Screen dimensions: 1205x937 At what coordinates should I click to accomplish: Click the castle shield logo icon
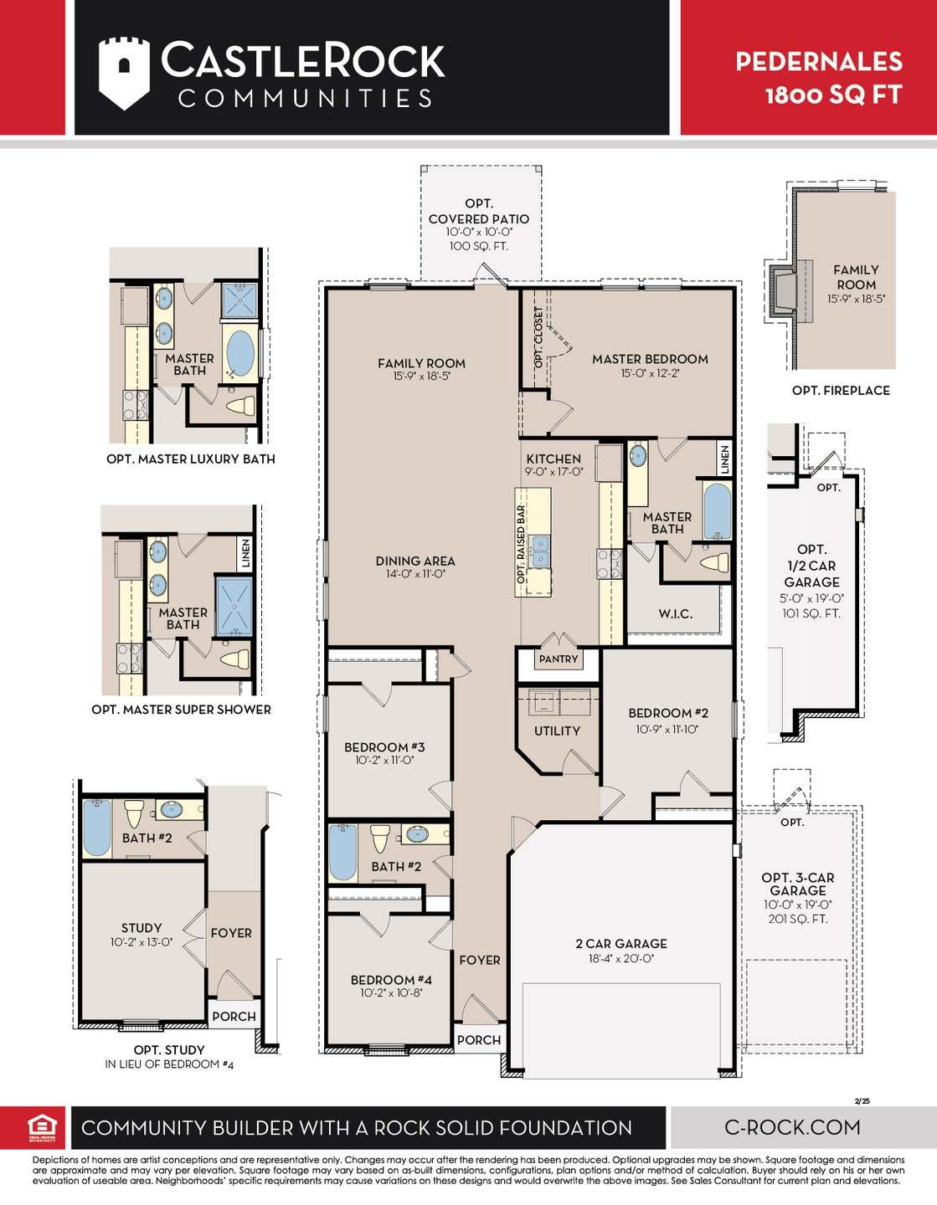click(124, 72)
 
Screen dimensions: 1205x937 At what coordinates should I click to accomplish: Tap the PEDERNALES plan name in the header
click(818, 61)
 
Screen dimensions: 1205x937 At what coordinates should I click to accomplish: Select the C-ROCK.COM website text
click(791, 1127)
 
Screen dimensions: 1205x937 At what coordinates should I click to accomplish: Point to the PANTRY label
click(559, 659)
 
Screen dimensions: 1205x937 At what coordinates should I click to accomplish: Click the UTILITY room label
click(557, 731)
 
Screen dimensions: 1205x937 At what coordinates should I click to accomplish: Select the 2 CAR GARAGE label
click(620, 943)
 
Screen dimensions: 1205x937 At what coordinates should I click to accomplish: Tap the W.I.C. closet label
click(675, 614)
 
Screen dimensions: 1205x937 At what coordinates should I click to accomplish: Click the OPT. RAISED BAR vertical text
click(521, 544)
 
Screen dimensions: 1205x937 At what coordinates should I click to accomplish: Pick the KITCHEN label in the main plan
click(553, 459)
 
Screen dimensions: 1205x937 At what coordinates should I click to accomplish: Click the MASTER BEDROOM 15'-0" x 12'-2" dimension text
click(650, 373)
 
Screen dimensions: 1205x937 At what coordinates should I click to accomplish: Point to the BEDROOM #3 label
click(384, 747)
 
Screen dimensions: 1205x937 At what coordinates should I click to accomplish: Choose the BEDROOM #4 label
click(391, 980)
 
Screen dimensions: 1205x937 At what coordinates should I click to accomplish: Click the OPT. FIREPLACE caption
click(841, 390)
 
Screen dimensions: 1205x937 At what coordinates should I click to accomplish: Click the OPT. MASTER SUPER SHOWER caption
click(181, 710)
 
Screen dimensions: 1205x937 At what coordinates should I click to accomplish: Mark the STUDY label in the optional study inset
click(142, 928)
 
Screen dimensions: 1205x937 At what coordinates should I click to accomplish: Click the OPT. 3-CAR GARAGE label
click(797, 884)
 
